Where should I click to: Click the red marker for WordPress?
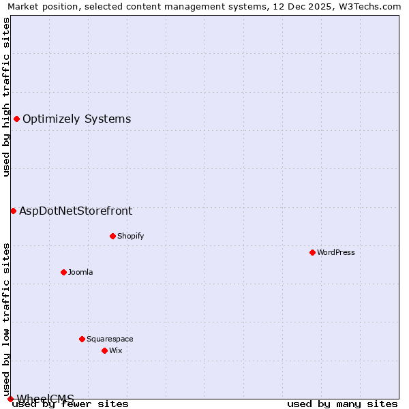(x=312, y=252)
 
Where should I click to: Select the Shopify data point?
(x=112, y=236)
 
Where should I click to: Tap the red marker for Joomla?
(x=63, y=272)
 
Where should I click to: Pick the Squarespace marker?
(x=82, y=339)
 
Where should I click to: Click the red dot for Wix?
(x=104, y=350)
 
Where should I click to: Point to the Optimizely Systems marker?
(x=16, y=119)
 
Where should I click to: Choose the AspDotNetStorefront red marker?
(x=13, y=211)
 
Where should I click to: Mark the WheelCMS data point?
(x=10, y=399)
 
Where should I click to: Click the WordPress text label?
(x=336, y=252)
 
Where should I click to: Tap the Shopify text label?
(x=131, y=236)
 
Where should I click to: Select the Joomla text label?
(x=80, y=272)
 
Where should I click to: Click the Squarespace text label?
(x=110, y=339)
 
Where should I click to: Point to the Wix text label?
(x=116, y=350)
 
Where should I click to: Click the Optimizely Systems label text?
(x=77, y=119)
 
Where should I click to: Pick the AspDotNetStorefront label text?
(x=76, y=211)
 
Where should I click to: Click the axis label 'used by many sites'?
(x=342, y=404)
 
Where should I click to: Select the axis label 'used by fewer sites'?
(x=71, y=404)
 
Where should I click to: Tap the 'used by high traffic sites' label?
(x=6, y=97)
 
